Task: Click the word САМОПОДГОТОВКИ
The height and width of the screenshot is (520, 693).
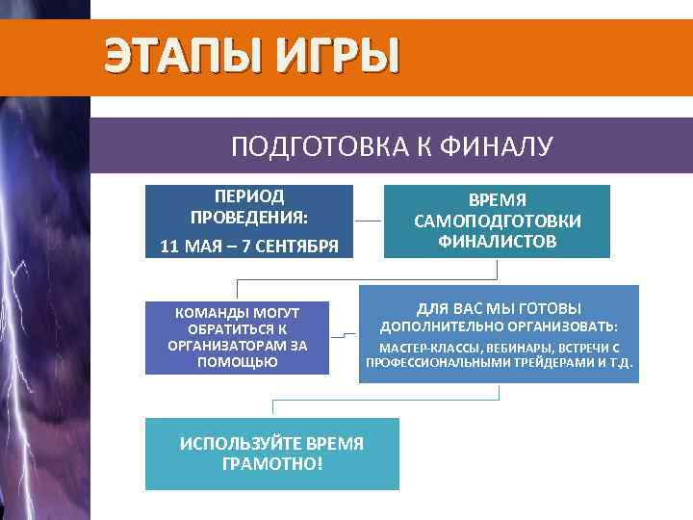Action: point(497,221)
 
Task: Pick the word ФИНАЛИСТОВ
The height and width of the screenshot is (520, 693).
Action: point(497,241)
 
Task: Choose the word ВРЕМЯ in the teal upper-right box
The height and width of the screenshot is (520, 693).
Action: point(497,200)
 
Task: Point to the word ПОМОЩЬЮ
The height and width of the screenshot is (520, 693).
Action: point(237,362)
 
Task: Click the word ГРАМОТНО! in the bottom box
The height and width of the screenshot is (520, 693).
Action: point(272,463)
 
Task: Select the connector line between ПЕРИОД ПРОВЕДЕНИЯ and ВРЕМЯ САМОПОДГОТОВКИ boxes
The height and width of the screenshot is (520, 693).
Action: point(368,221)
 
